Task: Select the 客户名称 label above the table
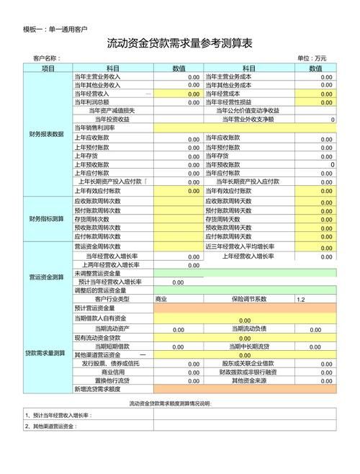(x=46, y=58)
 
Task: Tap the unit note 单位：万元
(x=311, y=58)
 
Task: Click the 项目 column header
(x=48, y=68)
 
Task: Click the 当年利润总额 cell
(x=94, y=102)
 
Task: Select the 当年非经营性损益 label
(x=233, y=102)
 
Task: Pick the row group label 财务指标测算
(x=48, y=218)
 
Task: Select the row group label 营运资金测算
(x=48, y=277)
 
